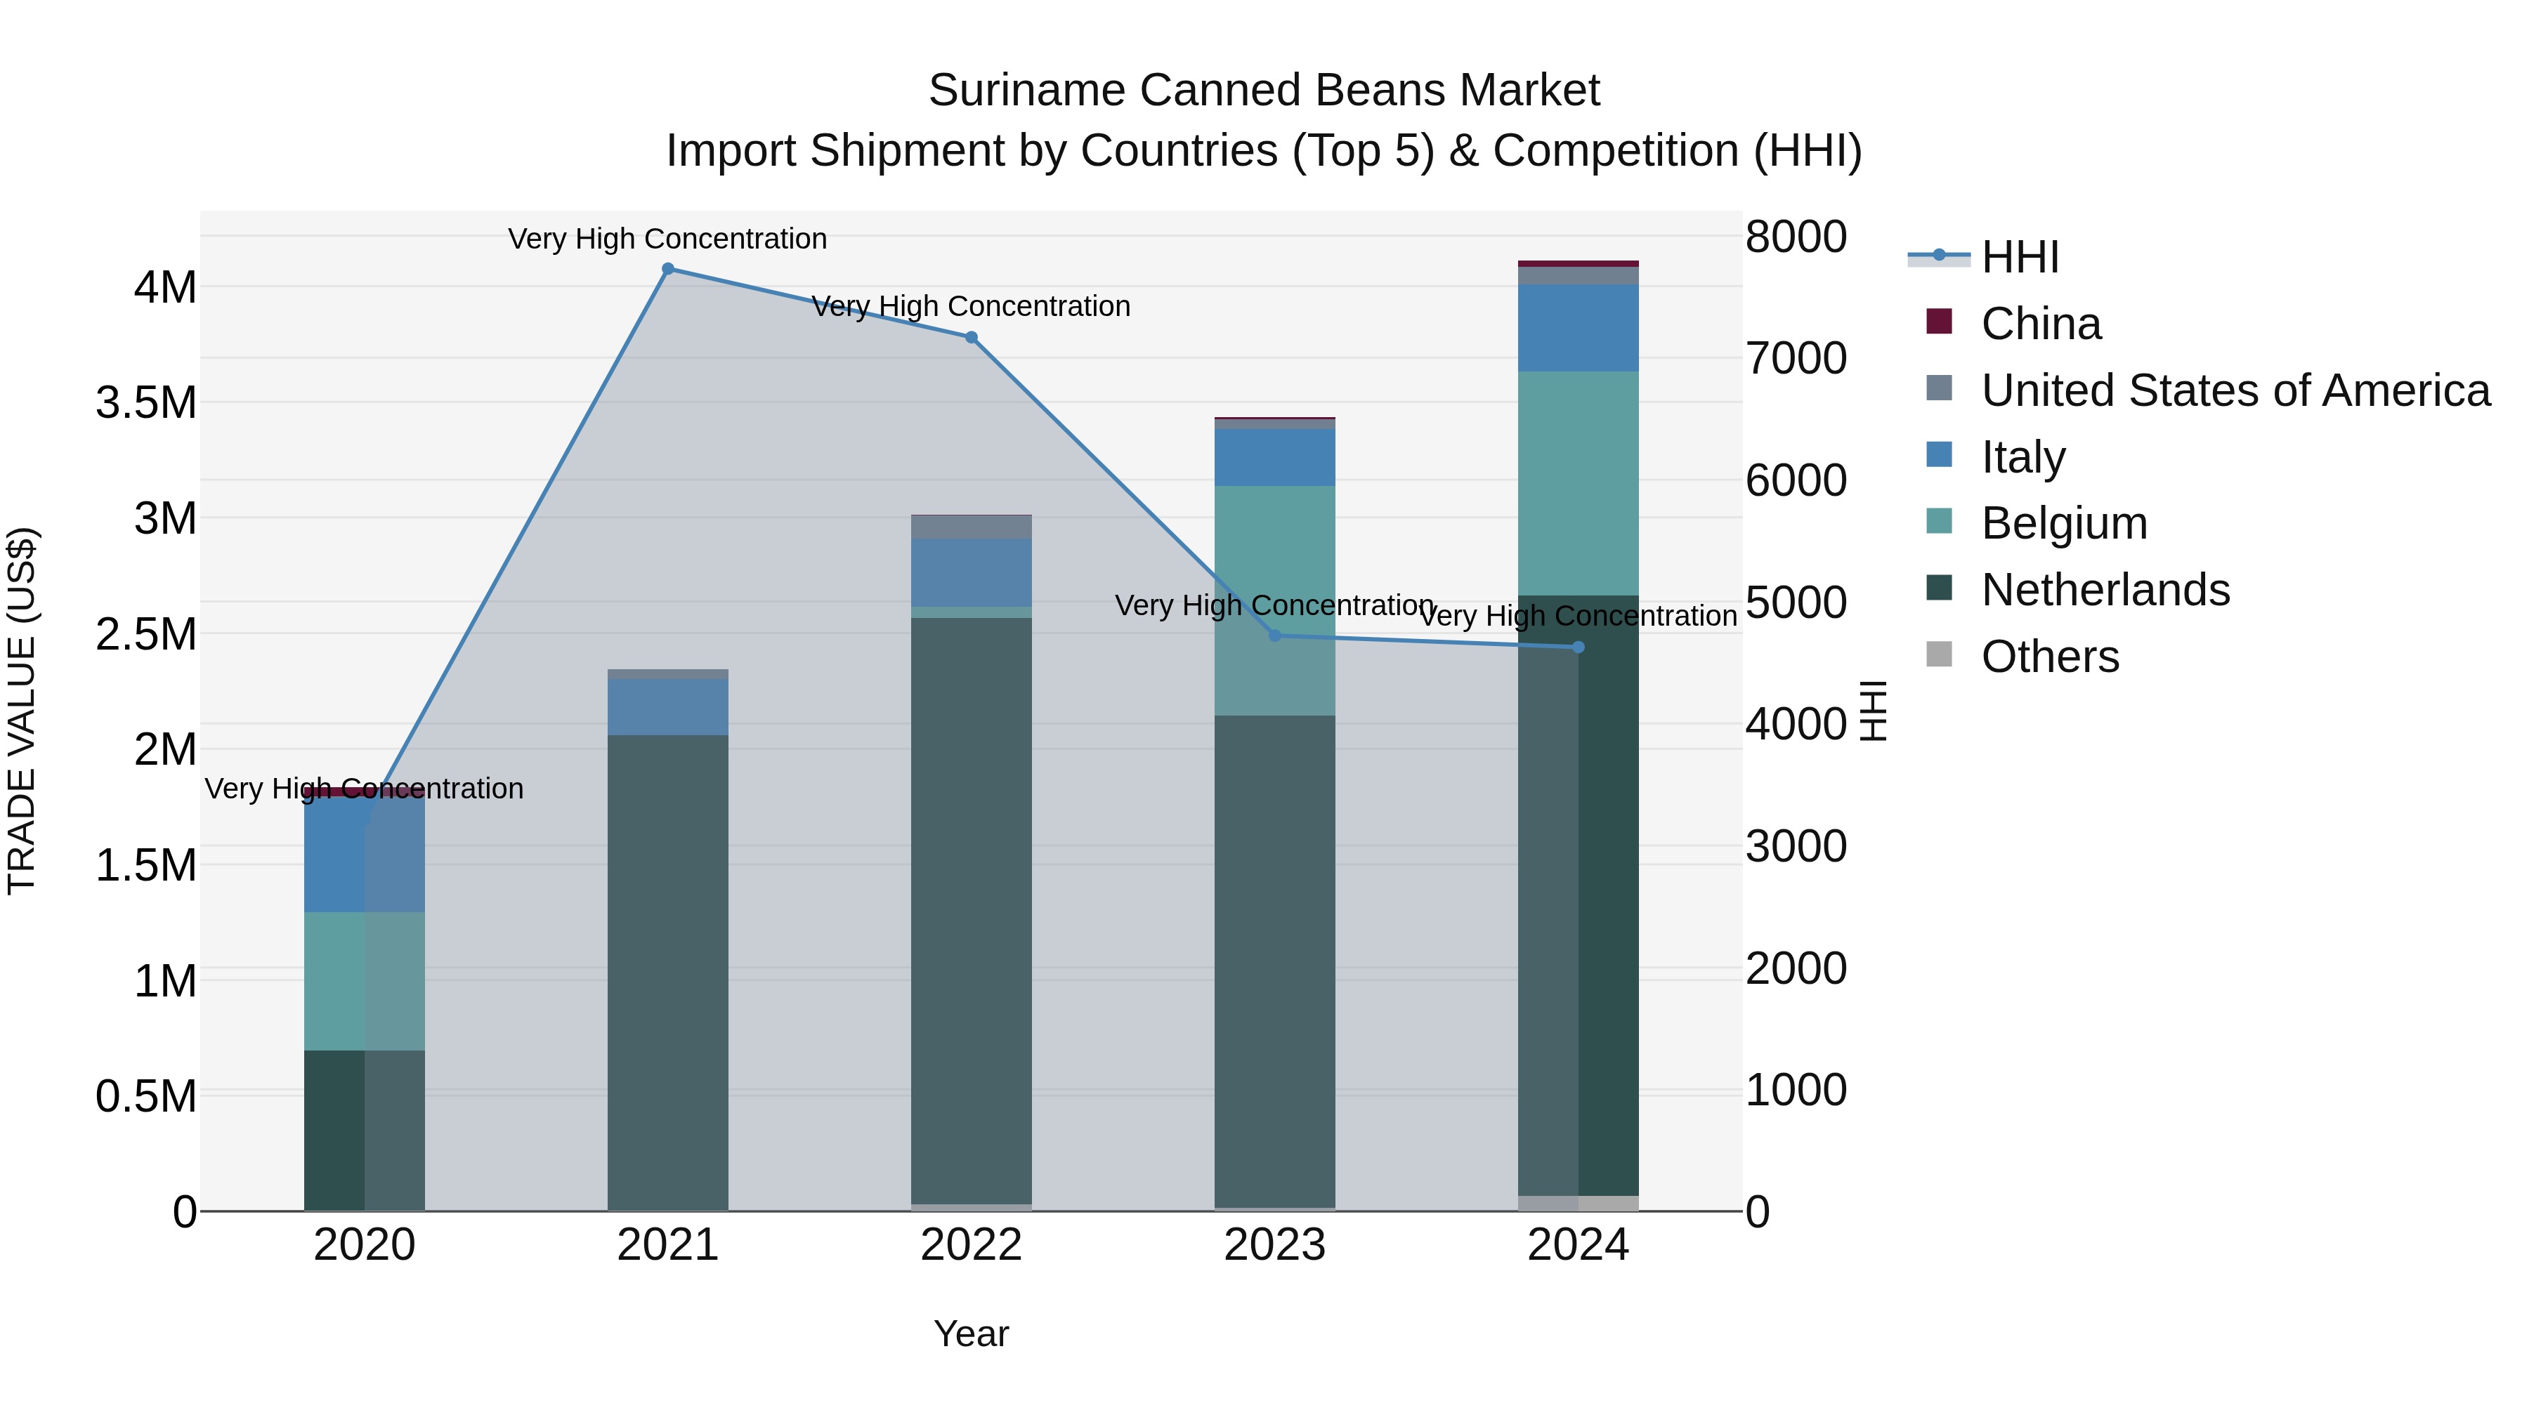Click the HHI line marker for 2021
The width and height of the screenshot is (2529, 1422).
tap(667, 269)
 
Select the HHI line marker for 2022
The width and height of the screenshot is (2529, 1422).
tap(971, 338)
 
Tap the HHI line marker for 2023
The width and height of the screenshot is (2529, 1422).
tap(1274, 636)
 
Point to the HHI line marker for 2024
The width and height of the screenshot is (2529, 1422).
tap(1578, 647)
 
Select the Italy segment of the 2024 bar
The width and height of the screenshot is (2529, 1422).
tap(1578, 328)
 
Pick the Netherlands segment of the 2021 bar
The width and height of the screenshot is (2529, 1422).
tap(667, 972)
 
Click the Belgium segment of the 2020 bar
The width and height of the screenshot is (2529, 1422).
tap(364, 982)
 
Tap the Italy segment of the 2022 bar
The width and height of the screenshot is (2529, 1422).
tap(971, 572)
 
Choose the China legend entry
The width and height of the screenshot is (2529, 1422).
tap(2040, 324)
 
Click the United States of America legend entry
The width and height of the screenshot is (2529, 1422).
tap(2235, 390)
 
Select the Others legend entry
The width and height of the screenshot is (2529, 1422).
tap(2049, 657)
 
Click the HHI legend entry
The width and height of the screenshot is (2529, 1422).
tap(2018, 257)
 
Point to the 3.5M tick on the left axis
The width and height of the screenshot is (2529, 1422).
tap(146, 403)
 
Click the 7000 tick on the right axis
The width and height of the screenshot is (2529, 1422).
tap(1795, 358)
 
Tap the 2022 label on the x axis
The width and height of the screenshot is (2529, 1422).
tap(971, 1245)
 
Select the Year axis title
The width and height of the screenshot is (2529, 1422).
tap(971, 1334)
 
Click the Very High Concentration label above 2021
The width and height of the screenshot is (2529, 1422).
tap(667, 239)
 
